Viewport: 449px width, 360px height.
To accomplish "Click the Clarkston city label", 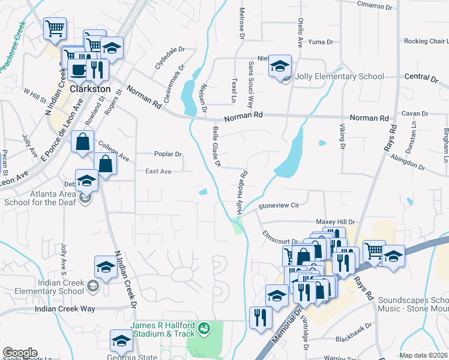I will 91,89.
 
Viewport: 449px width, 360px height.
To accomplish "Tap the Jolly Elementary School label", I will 339,77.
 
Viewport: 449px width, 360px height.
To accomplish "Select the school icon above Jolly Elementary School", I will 279,66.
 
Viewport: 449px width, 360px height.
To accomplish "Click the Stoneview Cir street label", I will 278,205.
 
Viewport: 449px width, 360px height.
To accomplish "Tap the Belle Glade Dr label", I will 217,147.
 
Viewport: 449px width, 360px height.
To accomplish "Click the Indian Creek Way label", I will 65,308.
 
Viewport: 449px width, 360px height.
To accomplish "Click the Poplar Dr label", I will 167,154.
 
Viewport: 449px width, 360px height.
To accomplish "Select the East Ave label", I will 158,172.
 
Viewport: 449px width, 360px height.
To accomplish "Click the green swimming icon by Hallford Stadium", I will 205,328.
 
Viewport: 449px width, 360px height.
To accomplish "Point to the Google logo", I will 19,353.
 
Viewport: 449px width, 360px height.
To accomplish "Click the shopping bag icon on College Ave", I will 83,143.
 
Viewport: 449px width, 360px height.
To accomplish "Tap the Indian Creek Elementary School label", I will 45,287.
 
